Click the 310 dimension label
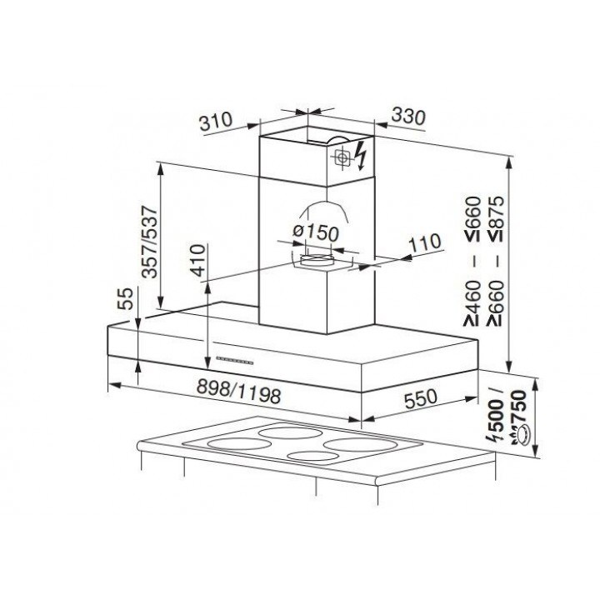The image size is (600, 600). click(216, 121)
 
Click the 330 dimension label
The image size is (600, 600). click(408, 117)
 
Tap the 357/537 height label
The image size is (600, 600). click(149, 242)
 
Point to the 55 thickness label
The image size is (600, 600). click(126, 298)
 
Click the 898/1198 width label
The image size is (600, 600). click(239, 392)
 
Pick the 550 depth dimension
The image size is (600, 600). click(420, 398)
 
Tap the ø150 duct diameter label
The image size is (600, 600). click(316, 232)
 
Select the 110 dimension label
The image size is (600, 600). click(425, 243)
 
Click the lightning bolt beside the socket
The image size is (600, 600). click(360, 155)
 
